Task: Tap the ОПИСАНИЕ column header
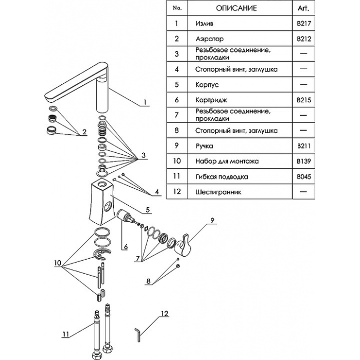[x=236, y=8]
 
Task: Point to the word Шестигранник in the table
[x=218, y=192]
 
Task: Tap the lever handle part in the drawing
[x=183, y=245]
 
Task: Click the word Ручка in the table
[x=204, y=146]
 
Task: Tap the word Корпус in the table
[x=207, y=84]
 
